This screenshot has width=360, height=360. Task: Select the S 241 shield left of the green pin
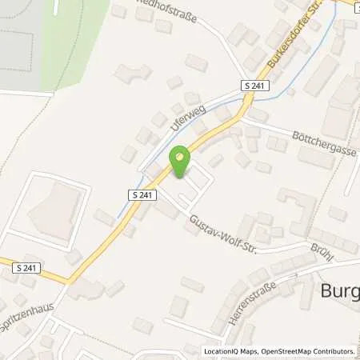[x=139, y=194]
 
